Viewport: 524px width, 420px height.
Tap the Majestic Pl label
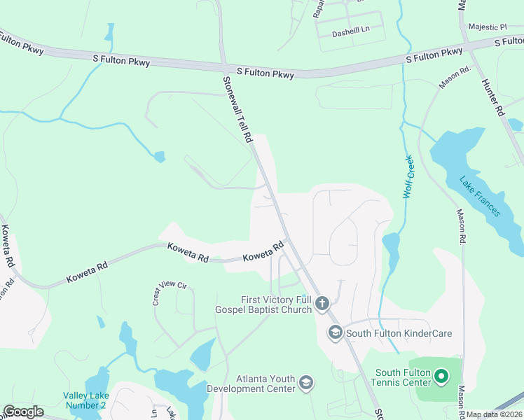click(489, 27)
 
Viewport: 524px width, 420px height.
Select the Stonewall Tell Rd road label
click(237, 110)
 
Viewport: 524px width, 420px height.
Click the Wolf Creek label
click(410, 177)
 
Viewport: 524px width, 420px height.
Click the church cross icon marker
click(322, 303)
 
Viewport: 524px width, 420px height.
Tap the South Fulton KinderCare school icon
click(335, 332)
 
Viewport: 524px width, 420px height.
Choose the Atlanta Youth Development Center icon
click(305, 382)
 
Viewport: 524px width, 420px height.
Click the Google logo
click(23, 412)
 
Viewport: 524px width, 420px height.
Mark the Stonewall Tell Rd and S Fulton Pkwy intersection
click(224, 69)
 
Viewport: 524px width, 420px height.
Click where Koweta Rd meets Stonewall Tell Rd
click(288, 241)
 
